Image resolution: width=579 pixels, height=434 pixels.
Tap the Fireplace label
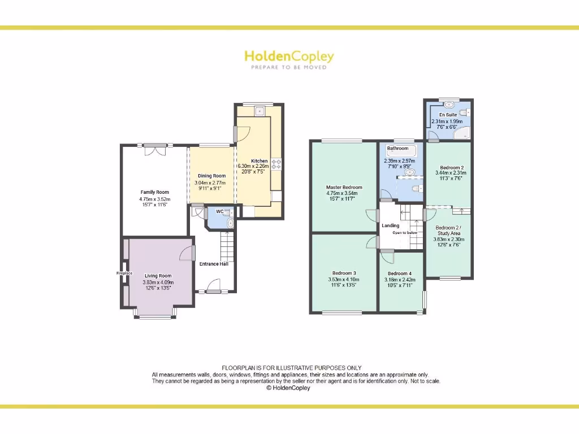pyautogui.click(x=124, y=273)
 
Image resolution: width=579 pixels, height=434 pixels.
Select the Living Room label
pyautogui.click(x=158, y=276)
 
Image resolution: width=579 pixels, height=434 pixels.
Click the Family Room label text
pyautogui.click(x=155, y=192)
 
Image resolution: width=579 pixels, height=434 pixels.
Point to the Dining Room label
pyautogui.click(x=211, y=176)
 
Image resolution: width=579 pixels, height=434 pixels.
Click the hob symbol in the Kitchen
pyautogui.click(x=277, y=164)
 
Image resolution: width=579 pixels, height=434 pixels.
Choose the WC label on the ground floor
pyautogui.click(x=221, y=212)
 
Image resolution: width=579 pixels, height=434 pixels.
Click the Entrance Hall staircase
pyautogui.click(x=227, y=247)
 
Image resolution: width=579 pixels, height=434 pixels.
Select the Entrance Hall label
pyautogui.click(x=214, y=264)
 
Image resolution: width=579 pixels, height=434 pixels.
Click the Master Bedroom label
pyautogui.click(x=344, y=187)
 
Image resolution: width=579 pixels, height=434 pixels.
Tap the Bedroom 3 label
pyautogui.click(x=344, y=272)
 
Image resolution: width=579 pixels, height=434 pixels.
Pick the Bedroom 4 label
pyautogui.click(x=400, y=274)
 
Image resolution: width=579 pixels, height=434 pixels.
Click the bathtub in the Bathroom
pyautogui.click(x=401, y=150)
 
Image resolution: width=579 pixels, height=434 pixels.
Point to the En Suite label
pyautogui.click(x=448, y=115)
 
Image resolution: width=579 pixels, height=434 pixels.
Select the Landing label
pyautogui.click(x=391, y=225)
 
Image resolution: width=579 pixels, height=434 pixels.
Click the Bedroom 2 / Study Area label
pyautogui.click(x=448, y=230)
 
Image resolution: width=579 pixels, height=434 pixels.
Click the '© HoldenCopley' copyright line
pyautogui.click(x=288, y=388)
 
